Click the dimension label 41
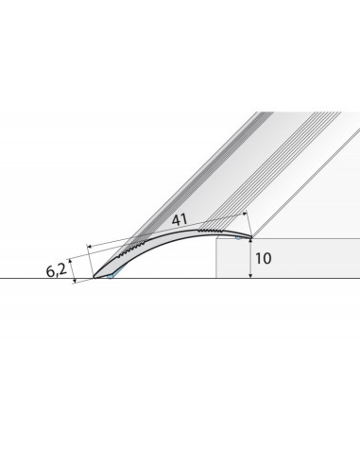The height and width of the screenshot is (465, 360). tap(180, 219)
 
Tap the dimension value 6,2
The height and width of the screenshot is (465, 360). tap(57, 270)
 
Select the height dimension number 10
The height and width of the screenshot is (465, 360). tap(263, 259)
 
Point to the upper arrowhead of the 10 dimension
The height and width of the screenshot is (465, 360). tap(250, 241)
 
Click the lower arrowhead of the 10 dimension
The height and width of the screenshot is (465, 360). tap(250, 275)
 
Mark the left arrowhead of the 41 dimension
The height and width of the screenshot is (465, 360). tap(90, 247)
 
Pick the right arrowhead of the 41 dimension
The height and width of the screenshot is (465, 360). tap(245, 215)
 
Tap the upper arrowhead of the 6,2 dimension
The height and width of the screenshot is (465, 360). tap(71, 261)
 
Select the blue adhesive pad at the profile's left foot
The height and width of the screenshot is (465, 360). tap(110, 277)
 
